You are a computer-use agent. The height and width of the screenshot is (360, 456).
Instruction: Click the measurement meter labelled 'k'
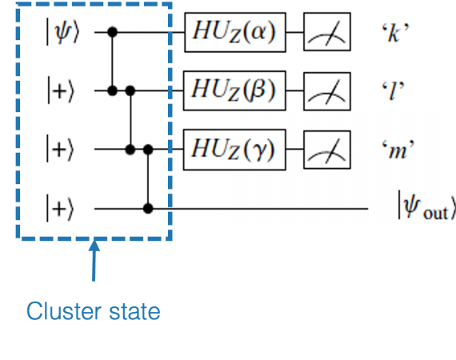[x=327, y=32]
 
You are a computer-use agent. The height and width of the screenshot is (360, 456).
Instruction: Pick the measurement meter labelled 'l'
[x=327, y=91]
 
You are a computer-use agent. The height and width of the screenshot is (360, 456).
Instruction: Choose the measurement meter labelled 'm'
[x=327, y=150]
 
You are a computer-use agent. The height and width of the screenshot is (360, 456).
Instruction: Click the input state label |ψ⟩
[x=62, y=32]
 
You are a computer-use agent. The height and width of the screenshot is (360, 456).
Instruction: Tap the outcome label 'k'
[x=394, y=32]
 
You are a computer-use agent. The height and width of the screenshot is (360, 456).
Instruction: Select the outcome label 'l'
[x=393, y=90]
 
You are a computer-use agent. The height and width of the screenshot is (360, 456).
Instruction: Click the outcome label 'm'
[x=398, y=150]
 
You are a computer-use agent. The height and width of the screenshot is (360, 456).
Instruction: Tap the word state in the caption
[x=134, y=312]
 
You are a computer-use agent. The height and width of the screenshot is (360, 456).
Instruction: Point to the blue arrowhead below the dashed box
[x=94, y=245]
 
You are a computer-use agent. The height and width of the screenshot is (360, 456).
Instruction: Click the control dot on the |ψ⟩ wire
[x=113, y=32]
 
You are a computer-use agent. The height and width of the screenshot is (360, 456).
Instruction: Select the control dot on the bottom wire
[x=148, y=209]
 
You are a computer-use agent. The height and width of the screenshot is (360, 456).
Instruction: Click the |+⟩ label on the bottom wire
[x=60, y=208]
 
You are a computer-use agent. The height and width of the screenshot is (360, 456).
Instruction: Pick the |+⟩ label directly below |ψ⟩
[x=61, y=90]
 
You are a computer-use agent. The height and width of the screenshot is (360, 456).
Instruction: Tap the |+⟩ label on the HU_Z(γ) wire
[x=60, y=149]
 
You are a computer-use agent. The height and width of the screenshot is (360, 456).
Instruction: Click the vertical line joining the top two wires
[x=113, y=62]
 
